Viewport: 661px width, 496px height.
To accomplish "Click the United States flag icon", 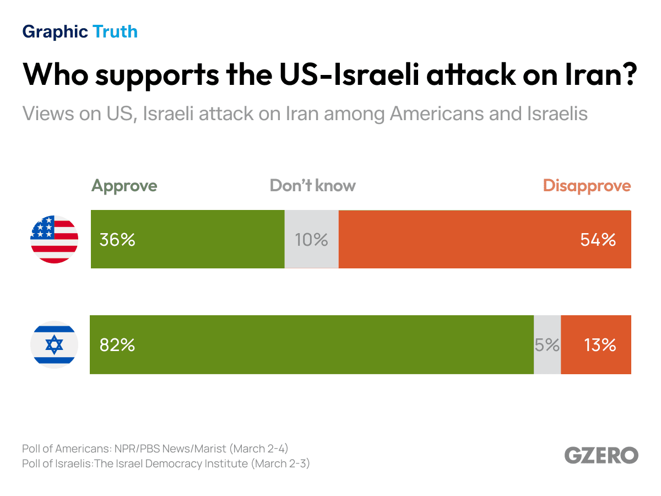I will click(54, 240).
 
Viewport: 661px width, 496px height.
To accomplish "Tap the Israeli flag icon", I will click(54, 345).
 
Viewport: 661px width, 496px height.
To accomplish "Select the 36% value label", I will click(117, 240).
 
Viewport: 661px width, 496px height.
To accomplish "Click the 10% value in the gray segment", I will click(311, 240).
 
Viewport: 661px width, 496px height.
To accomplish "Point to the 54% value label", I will click(598, 240).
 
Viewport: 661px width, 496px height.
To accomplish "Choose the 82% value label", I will click(117, 345).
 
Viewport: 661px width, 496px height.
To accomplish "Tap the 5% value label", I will click(547, 345).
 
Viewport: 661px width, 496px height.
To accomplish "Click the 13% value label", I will click(600, 345).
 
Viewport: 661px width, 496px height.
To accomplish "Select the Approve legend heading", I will click(124, 186).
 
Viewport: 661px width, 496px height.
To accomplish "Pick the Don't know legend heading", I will click(312, 186).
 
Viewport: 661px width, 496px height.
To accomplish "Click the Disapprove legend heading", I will click(587, 186).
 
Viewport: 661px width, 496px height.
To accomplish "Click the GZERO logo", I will click(601, 455).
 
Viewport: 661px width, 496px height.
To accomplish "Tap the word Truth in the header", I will click(115, 32).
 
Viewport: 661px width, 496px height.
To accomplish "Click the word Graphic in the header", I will click(55, 32).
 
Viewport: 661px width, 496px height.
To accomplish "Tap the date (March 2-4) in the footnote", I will click(259, 448).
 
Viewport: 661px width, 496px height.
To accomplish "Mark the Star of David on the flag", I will click(54, 345).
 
